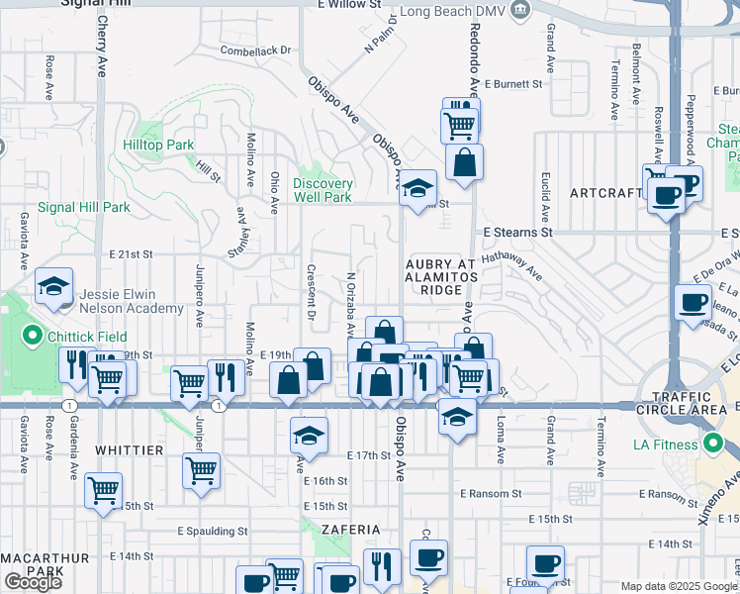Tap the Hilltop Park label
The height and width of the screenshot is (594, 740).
(x=158, y=145)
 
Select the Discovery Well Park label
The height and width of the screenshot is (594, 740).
(x=323, y=190)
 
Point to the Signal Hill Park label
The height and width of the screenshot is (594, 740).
(x=84, y=208)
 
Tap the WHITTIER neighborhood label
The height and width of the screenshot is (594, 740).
(x=129, y=450)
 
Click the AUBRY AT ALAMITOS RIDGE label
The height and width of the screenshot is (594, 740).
(x=441, y=276)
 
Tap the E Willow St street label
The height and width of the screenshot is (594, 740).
(x=349, y=5)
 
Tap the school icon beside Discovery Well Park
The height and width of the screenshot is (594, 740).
(x=418, y=186)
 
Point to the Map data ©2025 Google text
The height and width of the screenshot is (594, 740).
(x=678, y=586)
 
